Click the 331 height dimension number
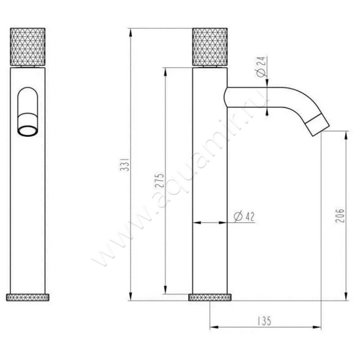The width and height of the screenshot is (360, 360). pyautogui.click(x=125, y=164)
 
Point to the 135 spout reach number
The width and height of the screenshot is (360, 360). pyautogui.click(x=264, y=321)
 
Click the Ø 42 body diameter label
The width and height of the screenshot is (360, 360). pyautogui.click(x=244, y=216)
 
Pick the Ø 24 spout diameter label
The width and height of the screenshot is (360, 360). pyautogui.click(x=261, y=67)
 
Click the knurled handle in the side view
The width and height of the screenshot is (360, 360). pyautogui.click(x=210, y=47)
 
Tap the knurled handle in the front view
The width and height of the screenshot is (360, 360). pyautogui.click(x=27, y=47)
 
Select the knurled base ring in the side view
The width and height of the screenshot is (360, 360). pyautogui.click(x=210, y=297)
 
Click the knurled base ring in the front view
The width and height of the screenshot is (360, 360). pyautogui.click(x=27, y=297)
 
